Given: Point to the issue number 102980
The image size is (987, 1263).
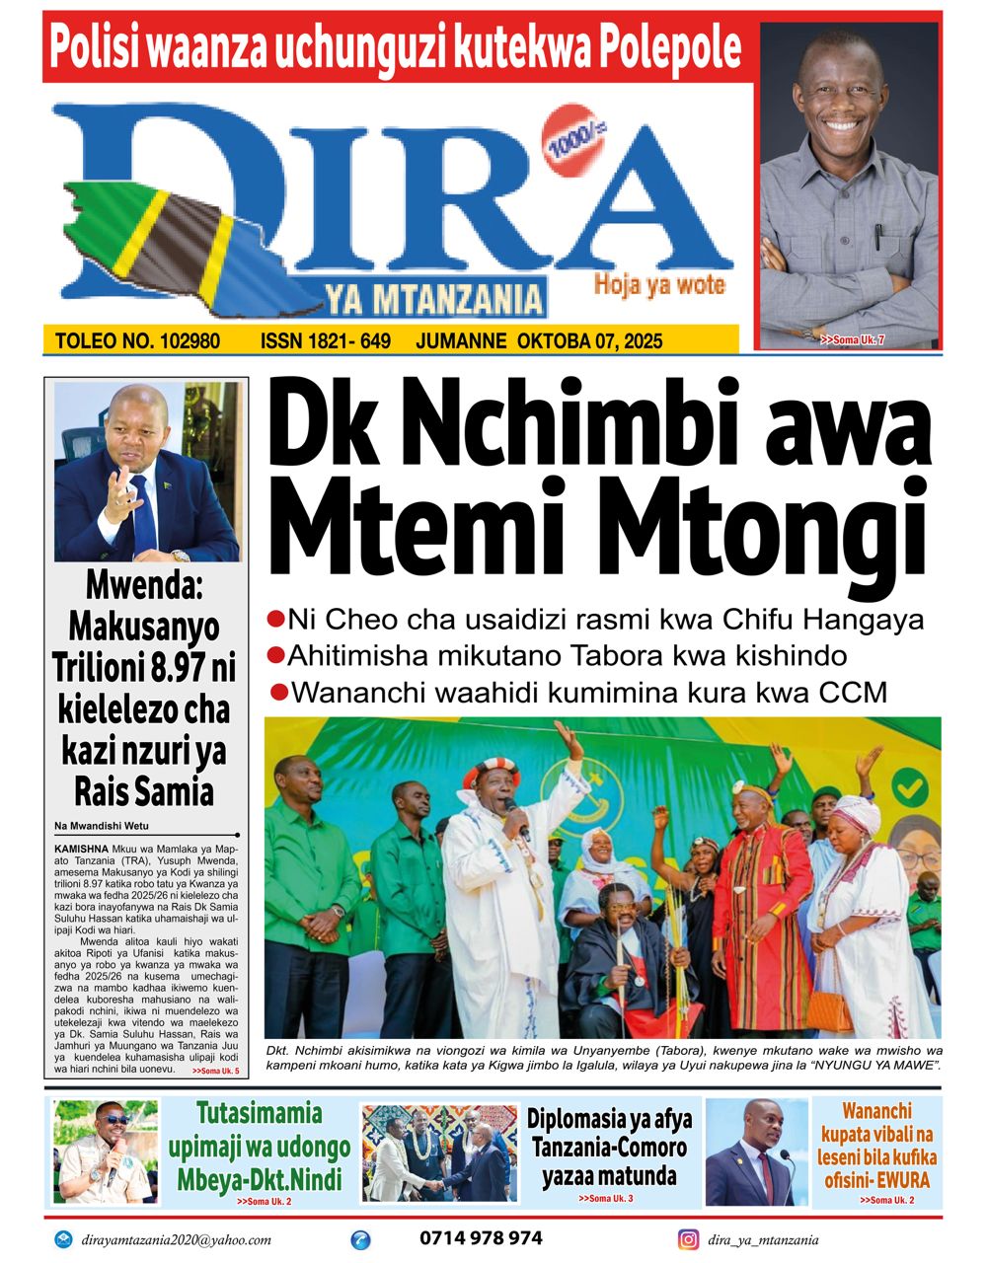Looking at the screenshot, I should pos(185,342).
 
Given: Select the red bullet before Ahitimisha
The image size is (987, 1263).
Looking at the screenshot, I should pos(276,656).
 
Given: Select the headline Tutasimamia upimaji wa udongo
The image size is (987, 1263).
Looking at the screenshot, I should pos(260,1146).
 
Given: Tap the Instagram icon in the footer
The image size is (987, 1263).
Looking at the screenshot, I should pos(688,1239).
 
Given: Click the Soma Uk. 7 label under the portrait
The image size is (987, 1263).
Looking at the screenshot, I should pos(852,340).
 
